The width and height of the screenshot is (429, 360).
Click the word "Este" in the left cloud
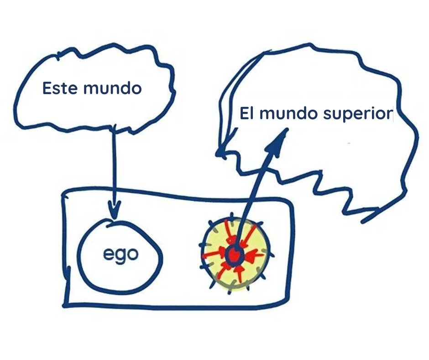point(60,88)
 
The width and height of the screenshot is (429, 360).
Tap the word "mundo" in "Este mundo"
point(112,88)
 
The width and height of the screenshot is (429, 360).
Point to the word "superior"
point(358,115)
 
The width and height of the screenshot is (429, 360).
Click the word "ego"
point(120,255)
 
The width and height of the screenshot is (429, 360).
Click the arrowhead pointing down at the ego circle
point(115,209)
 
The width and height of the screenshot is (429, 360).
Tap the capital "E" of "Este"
point(47,88)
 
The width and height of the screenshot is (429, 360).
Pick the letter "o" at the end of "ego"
point(133,255)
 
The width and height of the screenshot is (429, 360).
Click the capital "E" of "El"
point(244,113)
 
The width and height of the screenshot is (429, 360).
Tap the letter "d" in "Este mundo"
point(124,88)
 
